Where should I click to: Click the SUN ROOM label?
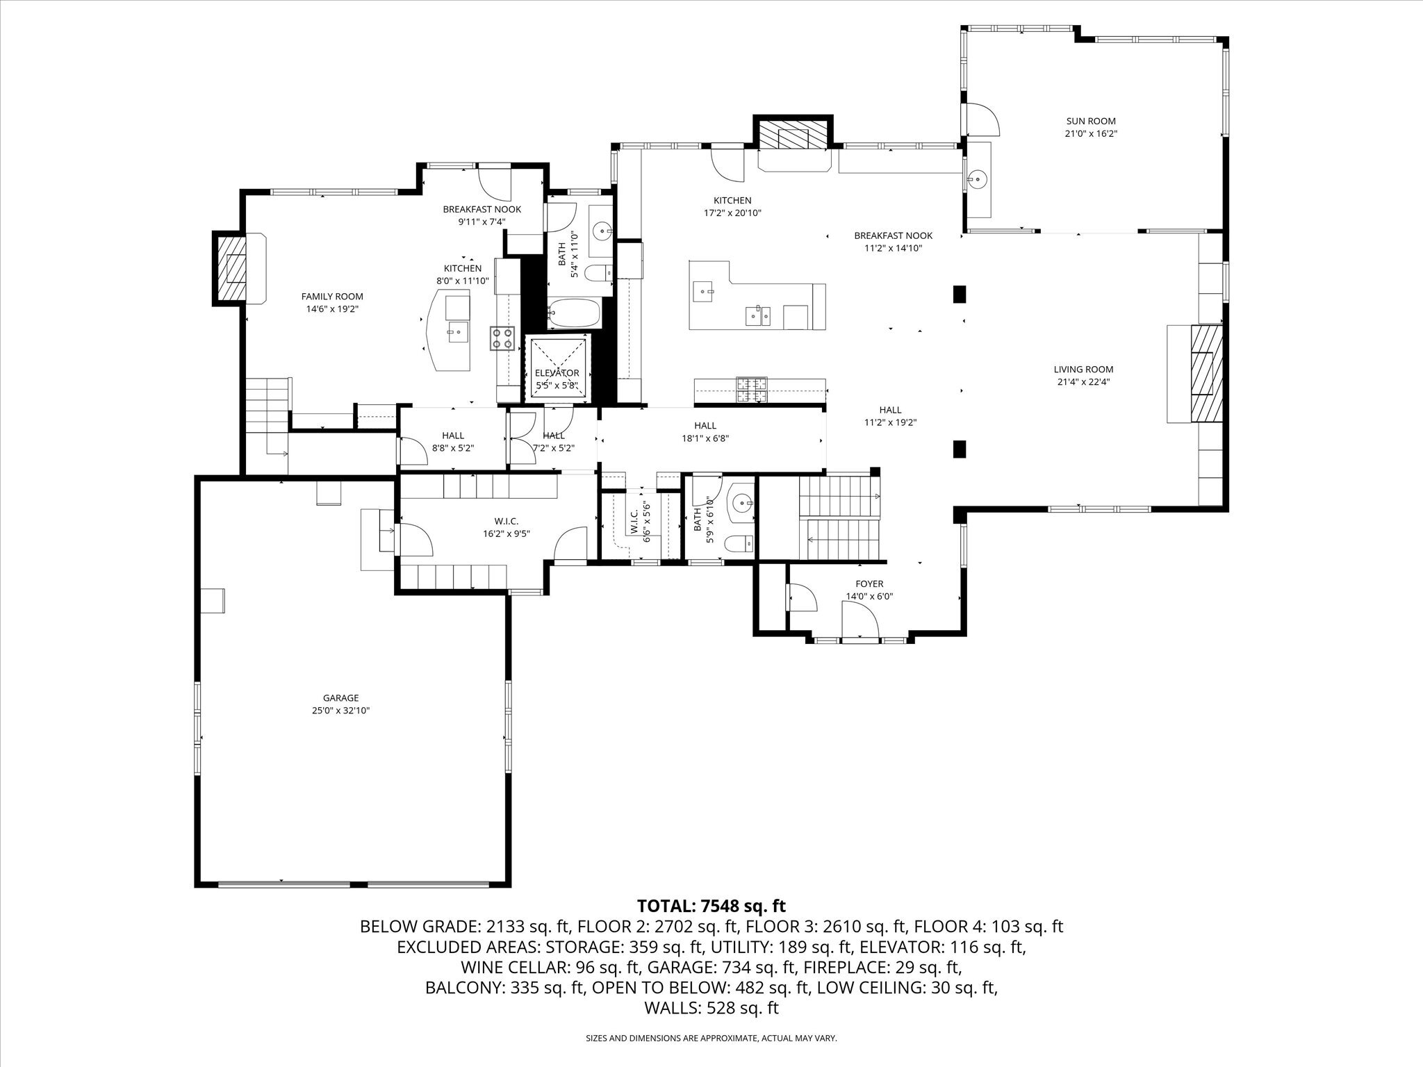click(1091, 122)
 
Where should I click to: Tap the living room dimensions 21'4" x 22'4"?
click(1083, 381)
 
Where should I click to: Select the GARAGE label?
click(340, 698)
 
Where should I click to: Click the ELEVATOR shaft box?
click(559, 368)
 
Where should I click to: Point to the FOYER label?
click(869, 584)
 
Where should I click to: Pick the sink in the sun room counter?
click(978, 180)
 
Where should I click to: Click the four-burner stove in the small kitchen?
click(502, 338)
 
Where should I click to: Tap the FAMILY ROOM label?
click(332, 297)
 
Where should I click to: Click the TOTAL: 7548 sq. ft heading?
click(711, 906)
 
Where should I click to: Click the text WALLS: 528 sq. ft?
click(711, 1008)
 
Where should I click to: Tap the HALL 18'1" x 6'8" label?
click(705, 432)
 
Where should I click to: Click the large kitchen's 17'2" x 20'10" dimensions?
click(732, 213)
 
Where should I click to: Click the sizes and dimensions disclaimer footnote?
click(711, 1038)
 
